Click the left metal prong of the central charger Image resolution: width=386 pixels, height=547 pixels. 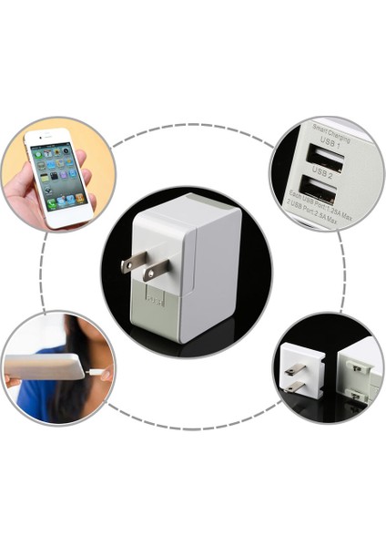pyautogui.click(x=134, y=263)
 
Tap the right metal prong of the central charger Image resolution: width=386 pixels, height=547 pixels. pyautogui.click(x=157, y=271)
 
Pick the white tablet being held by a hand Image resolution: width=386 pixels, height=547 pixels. pyautogui.click(x=46, y=368)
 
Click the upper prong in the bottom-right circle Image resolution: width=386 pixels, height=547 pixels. pyautogui.click(x=296, y=369)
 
